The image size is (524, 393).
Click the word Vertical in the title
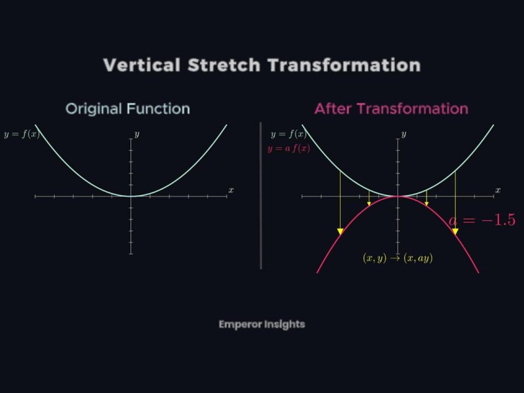click(x=141, y=65)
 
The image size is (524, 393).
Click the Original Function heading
click(x=127, y=109)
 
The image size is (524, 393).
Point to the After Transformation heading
click(x=391, y=109)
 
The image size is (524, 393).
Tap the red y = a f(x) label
click(x=288, y=149)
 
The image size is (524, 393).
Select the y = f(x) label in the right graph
click(x=289, y=135)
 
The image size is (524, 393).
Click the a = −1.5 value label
click(x=482, y=220)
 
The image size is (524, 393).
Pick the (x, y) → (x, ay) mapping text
click(x=398, y=258)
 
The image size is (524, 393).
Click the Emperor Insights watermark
click(x=261, y=324)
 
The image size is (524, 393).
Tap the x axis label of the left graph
click(x=231, y=190)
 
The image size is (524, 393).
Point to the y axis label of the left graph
click(x=137, y=135)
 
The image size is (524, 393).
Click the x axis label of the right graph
click(x=498, y=190)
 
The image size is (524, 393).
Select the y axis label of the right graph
click(x=403, y=135)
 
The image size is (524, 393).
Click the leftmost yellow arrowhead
click(x=341, y=231)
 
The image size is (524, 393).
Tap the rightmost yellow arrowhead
click(x=455, y=231)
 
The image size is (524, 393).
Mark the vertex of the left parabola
click(x=131, y=196)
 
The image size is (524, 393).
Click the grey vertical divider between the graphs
click(x=261, y=195)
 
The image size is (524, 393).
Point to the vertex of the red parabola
click(x=398, y=196)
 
